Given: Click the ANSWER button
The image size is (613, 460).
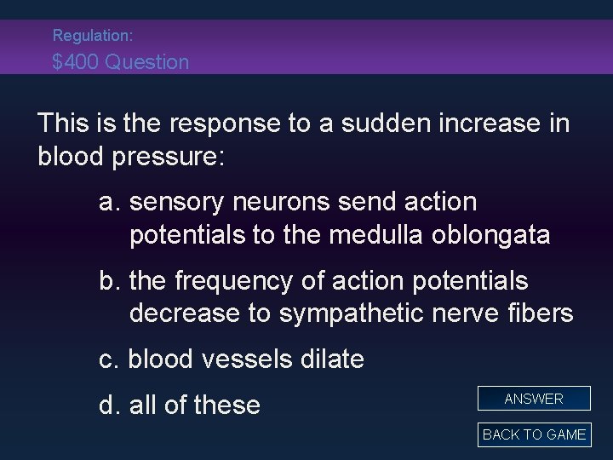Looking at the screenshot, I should [x=534, y=399].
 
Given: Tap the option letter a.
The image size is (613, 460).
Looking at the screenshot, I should [x=107, y=203].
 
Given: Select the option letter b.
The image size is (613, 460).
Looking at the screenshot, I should [x=107, y=281].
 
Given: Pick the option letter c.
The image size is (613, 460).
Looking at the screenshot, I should [x=107, y=359].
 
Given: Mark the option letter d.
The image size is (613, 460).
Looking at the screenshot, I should [x=107, y=404].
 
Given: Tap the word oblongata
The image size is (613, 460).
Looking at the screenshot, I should [x=490, y=235].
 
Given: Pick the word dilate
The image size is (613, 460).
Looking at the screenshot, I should [x=329, y=359].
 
